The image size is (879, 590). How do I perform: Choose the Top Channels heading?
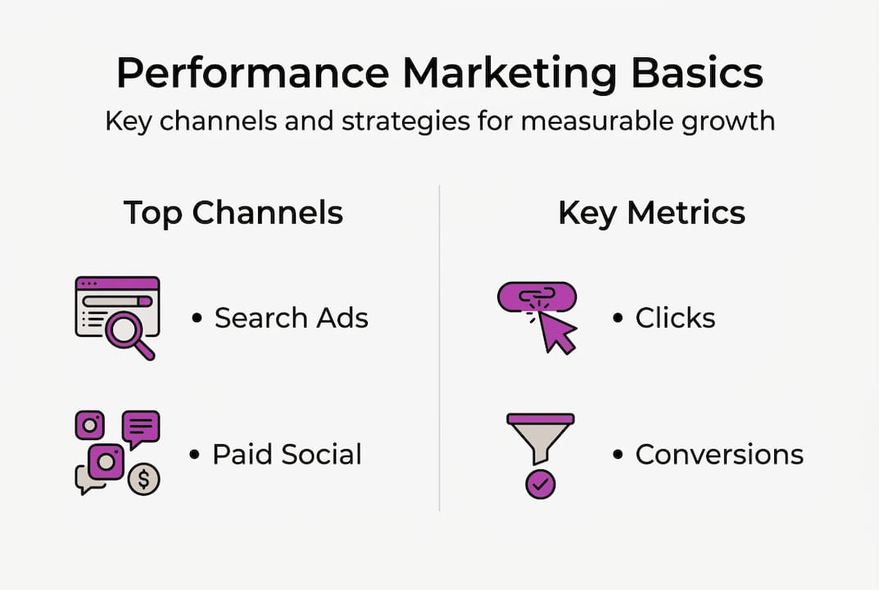tap(233, 213)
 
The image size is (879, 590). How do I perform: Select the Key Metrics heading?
tap(651, 213)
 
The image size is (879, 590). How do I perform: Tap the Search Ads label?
tap(291, 318)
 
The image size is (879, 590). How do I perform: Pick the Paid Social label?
tap(287, 454)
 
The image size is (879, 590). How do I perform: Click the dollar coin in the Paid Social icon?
tap(143, 479)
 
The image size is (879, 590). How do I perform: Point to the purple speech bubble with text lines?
tap(141, 428)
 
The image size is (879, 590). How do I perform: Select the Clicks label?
tap(675, 318)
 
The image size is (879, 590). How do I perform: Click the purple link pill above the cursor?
tap(537, 296)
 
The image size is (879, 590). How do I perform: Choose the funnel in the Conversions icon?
tap(540, 435)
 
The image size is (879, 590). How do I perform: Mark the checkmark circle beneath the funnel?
tap(540, 484)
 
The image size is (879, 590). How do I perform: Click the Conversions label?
tap(719, 454)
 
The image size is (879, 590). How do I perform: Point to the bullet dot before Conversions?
tap(618, 455)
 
